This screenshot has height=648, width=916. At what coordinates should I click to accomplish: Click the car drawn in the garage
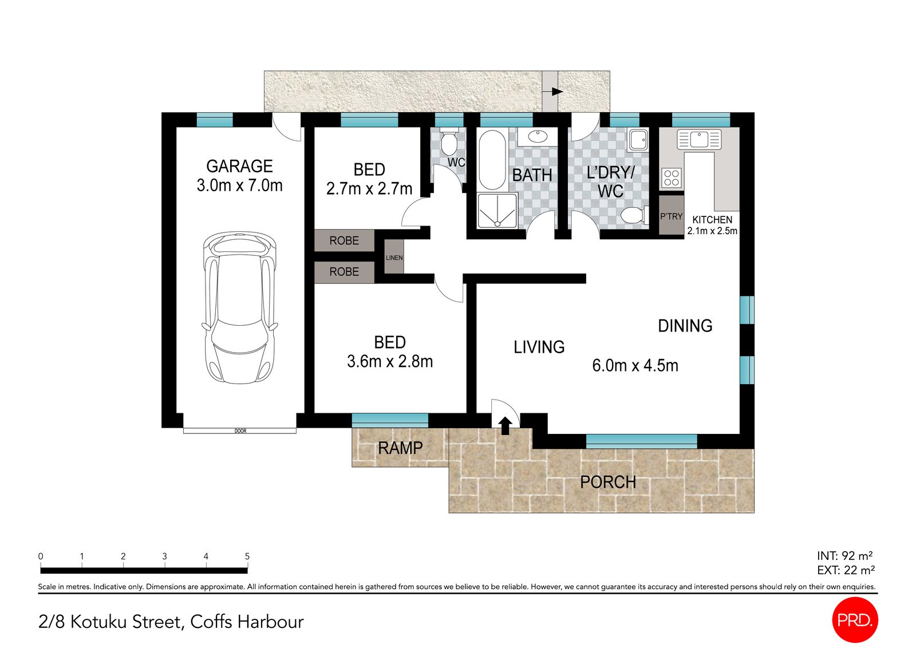click(239, 307)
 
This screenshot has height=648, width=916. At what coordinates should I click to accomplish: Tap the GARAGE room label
click(239, 166)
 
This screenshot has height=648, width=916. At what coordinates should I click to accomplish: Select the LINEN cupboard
click(394, 258)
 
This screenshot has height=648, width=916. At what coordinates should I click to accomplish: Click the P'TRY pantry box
click(671, 216)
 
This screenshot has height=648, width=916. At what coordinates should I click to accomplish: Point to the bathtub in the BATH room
click(492, 160)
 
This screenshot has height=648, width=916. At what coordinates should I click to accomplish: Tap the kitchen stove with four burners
click(672, 178)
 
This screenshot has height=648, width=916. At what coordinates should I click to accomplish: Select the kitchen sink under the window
click(699, 139)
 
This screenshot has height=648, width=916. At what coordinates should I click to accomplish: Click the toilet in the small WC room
click(448, 143)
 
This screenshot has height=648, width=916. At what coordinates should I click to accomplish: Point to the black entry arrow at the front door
click(505, 425)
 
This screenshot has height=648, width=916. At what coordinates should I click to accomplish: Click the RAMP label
click(400, 448)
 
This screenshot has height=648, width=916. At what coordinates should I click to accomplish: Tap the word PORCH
click(608, 483)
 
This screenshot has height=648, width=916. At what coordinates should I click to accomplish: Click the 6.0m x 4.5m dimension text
click(635, 365)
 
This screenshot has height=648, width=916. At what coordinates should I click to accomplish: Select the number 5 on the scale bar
click(247, 556)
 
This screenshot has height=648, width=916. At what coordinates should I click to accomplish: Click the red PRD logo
click(854, 620)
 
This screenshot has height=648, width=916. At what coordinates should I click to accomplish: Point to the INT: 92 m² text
click(844, 555)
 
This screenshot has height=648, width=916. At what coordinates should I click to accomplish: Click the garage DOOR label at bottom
click(240, 430)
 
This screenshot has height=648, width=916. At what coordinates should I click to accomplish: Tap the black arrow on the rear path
click(556, 92)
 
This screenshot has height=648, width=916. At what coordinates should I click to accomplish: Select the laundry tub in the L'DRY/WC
click(638, 140)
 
